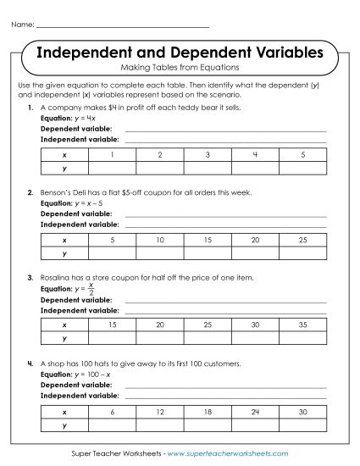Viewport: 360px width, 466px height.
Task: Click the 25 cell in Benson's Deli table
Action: (302, 240)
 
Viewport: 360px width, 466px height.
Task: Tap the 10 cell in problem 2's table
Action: (160, 240)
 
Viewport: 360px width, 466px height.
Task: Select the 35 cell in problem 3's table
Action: (302, 325)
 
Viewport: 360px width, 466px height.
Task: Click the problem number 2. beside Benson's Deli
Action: (30, 192)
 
